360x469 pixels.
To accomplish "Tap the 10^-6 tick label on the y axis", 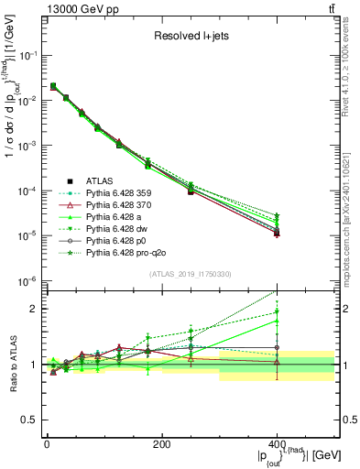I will point(27,281).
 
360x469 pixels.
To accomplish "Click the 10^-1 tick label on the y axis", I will point(27,56).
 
